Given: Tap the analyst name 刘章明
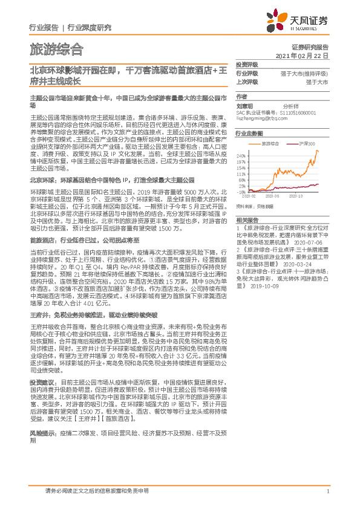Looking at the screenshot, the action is click(244, 105).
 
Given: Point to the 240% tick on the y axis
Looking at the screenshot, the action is click(242, 155).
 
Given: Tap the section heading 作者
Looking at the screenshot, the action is click(241, 96).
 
